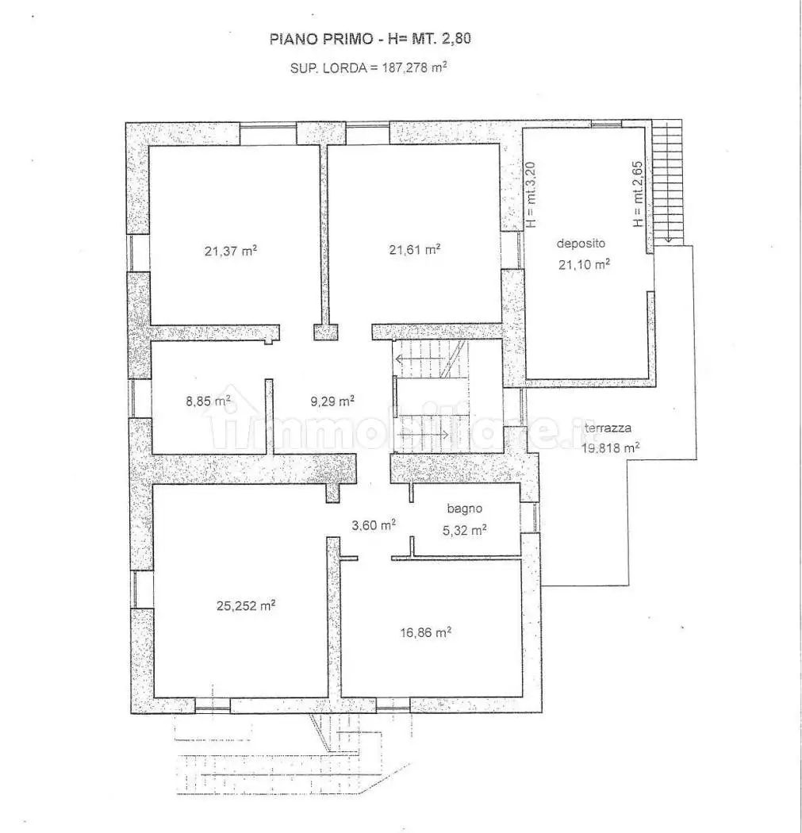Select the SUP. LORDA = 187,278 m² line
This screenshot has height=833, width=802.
[368, 68]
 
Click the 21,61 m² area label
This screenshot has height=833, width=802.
[414, 249]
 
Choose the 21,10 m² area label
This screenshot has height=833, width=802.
[584, 265]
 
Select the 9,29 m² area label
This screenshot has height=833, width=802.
[332, 401]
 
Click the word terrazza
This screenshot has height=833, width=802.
[608, 429]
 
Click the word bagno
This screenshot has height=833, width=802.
[464, 509]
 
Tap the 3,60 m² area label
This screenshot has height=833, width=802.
[374, 524]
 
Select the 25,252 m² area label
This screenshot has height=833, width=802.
[246, 605]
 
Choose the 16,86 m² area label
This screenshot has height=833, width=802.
[425, 632]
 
